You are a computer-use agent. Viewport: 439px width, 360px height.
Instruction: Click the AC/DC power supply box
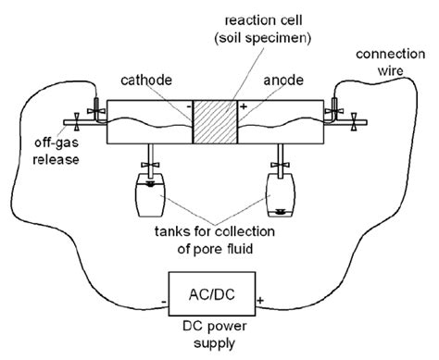coord(212,293)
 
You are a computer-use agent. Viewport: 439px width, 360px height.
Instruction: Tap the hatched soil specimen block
coord(215,122)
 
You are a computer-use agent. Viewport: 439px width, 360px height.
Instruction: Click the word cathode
coord(146,81)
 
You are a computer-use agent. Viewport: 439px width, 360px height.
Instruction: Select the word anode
coord(283,81)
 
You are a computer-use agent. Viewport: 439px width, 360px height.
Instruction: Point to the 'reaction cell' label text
coord(263,20)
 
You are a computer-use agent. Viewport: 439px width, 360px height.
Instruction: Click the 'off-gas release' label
coord(56,151)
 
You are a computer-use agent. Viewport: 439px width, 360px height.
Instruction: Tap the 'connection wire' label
coord(391,62)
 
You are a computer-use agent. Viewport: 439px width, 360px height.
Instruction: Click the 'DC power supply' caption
coord(215,334)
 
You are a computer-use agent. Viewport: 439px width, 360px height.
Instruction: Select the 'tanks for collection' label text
coord(215,231)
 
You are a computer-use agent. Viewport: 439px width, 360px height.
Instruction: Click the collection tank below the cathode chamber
coord(150,195)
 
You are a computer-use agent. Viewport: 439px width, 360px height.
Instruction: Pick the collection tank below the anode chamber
coord(281,195)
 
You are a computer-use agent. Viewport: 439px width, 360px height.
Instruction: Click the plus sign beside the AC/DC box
coord(260,300)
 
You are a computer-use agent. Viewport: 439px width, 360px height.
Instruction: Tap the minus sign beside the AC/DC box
coord(164,302)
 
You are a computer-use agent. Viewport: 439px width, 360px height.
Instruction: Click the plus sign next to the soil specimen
coord(244,106)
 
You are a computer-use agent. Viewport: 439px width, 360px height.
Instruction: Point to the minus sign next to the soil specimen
coord(189,106)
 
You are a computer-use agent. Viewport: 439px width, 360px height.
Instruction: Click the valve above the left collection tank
coord(150,165)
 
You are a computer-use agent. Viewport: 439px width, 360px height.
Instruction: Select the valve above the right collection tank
coord(281,165)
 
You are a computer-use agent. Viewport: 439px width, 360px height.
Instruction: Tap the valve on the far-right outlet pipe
coord(354,121)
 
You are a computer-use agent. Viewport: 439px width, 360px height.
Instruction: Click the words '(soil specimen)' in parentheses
coord(263,39)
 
